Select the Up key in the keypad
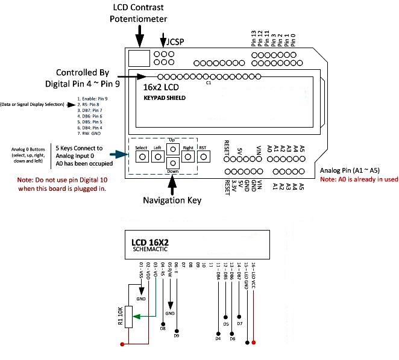172,149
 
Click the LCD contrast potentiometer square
140,58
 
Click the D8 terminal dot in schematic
163,323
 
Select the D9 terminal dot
177,331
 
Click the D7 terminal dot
240,317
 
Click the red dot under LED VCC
253,343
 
